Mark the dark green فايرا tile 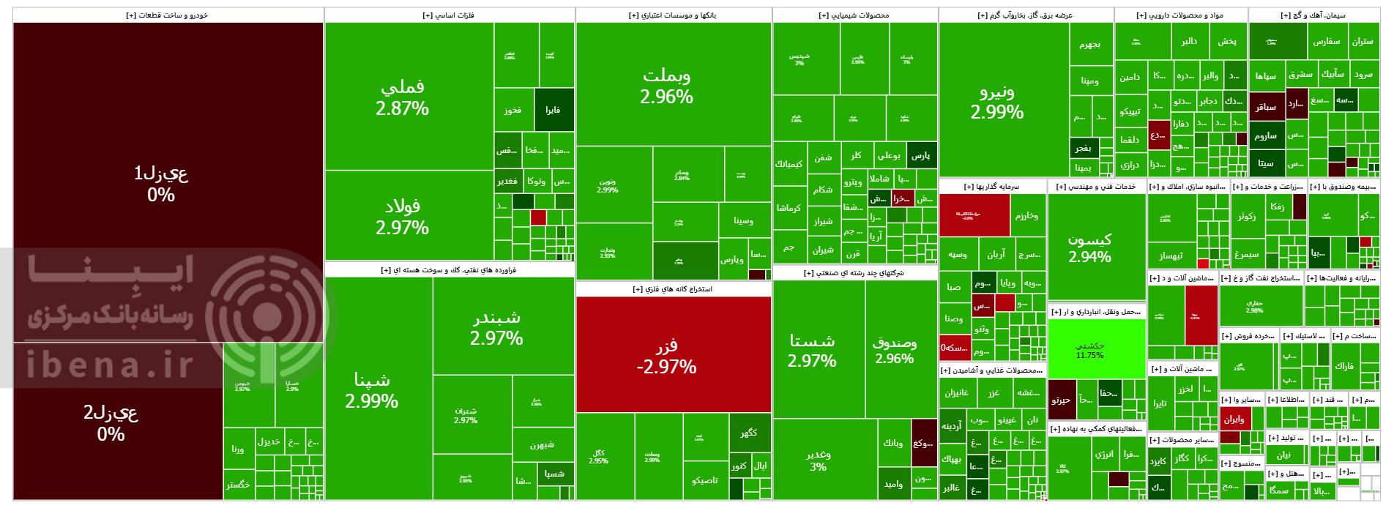[x=553, y=111]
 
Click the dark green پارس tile [x=921, y=155]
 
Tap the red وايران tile [x=1234, y=419]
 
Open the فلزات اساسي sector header [x=448, y=15]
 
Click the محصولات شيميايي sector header [x=854, y=15]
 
